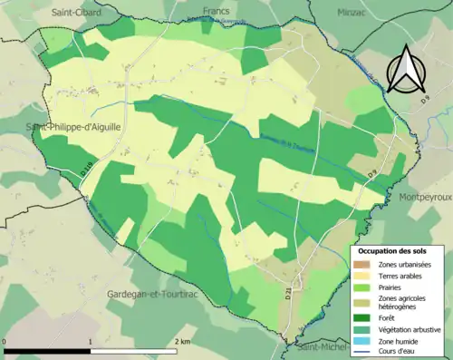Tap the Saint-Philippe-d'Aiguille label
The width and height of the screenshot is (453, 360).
[x=72, y=128]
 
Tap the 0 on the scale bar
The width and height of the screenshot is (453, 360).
[x=5, y=341]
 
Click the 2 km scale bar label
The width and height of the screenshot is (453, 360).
[x=181, y=341]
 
